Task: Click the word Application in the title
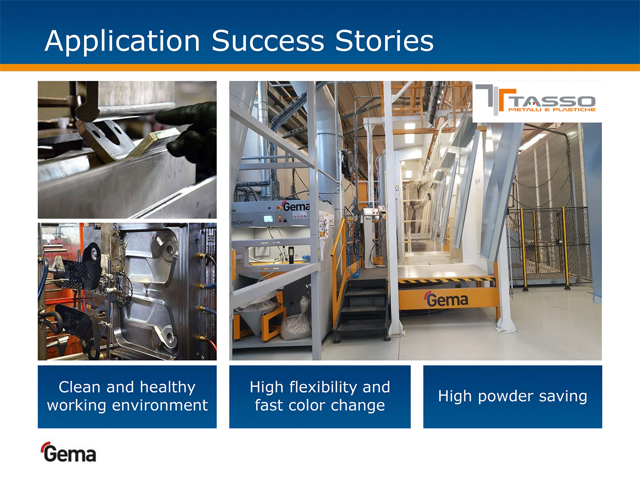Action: pos(123,41)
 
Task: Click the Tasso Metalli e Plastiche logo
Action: pos(537,101)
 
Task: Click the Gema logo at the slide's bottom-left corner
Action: pos(68,452)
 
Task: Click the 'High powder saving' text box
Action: pos(512,397)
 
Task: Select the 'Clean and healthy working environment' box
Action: pos(127,397)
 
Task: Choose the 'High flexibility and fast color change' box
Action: pos(320,397)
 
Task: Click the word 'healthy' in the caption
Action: pos(167,388)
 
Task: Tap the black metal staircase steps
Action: pos(363,309)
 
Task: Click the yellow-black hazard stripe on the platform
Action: pos(446,280)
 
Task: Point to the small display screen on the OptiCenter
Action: pos(268,219)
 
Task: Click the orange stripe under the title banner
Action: pos(320,68)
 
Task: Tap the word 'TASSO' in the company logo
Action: pos(551,101)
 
